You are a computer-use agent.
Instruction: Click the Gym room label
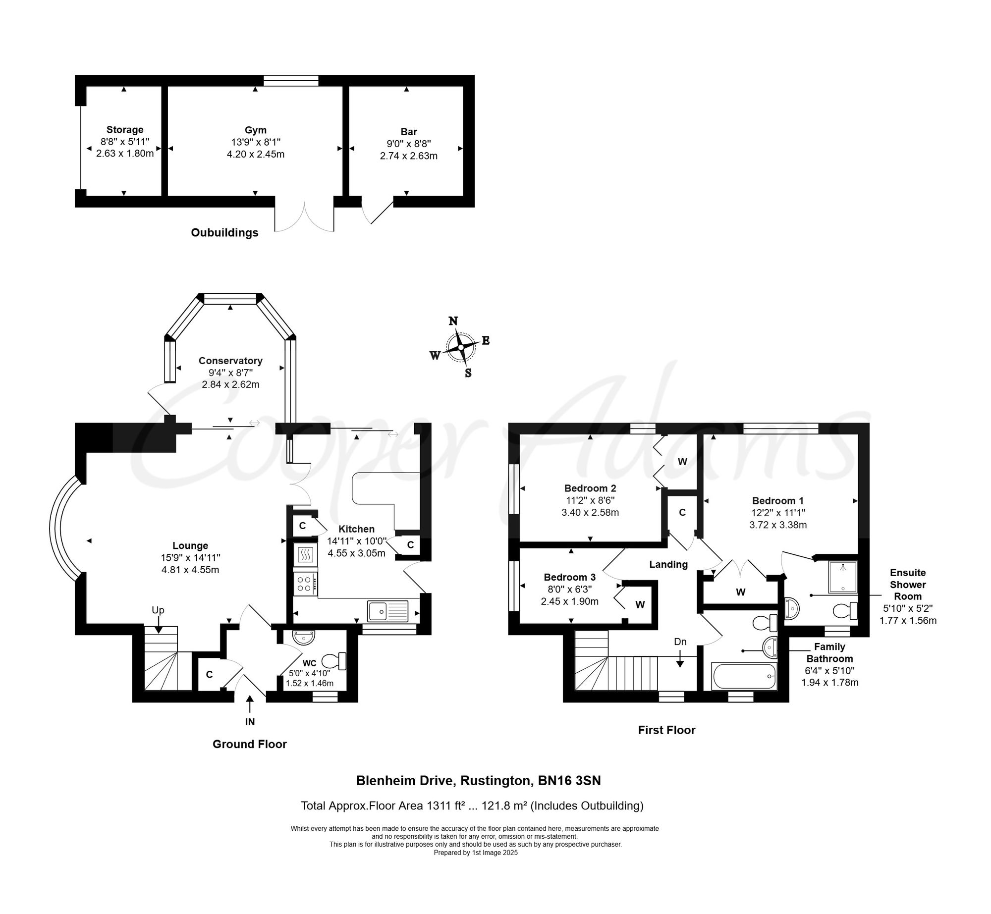256,130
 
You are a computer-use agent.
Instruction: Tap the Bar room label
409,132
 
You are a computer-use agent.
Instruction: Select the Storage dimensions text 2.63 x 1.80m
125,154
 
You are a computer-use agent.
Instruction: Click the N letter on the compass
453,321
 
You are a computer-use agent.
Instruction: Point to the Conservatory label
230,361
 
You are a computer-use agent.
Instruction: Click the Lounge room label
190,546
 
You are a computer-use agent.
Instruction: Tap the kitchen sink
387,611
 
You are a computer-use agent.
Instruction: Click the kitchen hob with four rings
305,584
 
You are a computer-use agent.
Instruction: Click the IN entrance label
250,722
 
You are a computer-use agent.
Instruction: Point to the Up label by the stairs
158,610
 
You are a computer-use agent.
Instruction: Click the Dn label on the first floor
680,642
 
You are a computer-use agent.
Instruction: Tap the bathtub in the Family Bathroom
744,676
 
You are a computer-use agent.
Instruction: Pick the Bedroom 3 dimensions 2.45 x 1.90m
570,601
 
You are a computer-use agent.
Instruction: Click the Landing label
668,564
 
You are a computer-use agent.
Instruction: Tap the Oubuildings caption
224,233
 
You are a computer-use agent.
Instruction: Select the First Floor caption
666,730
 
